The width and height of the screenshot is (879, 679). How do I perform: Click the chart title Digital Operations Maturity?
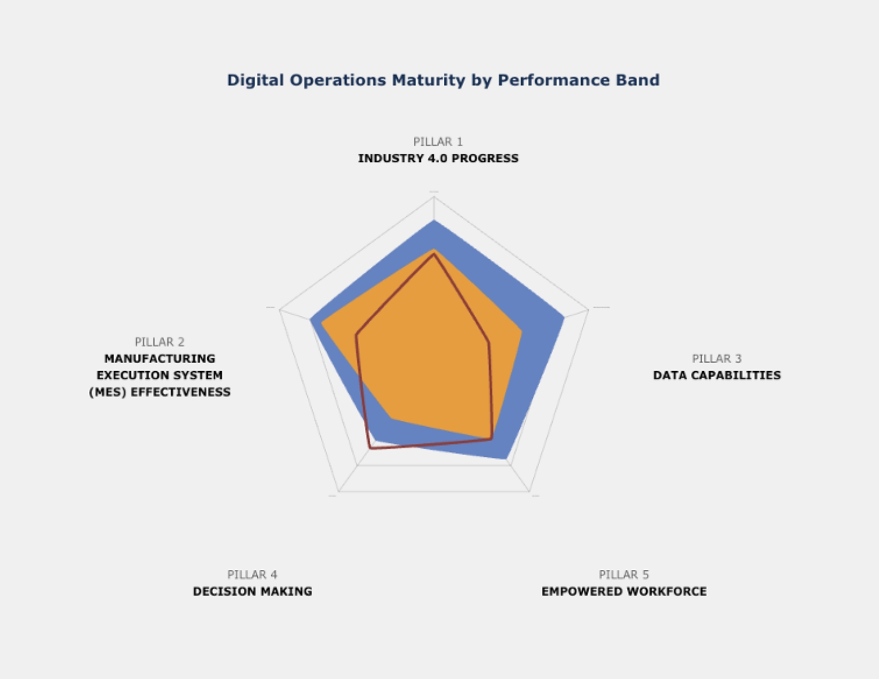(x=443, y=80)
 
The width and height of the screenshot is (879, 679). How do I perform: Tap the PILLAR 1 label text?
(x=438, y=142)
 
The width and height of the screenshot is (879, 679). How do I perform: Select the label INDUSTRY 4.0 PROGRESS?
(x=438, y=158)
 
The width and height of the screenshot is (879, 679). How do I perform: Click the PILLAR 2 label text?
(x=159, y=342)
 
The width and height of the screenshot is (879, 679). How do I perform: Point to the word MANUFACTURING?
(x=159, y=358)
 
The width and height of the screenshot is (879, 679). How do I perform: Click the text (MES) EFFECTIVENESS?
(x=159, y=392)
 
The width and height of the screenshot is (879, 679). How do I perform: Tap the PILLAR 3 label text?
(x=717, y=358)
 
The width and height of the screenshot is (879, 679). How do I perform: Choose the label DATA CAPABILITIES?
(x=717, y=375)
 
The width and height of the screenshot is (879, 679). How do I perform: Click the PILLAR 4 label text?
(x=252, y=575)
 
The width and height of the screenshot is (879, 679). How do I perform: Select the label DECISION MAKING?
(x=252, y=591)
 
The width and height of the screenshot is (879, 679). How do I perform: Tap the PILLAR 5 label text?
(x=624, y=575)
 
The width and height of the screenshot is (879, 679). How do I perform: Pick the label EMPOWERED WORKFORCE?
(x=624, y=591)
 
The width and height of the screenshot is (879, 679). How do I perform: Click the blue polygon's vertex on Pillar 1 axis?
(x=434, y=220)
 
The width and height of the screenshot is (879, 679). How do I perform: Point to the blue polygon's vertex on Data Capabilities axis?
(x=564, y=318)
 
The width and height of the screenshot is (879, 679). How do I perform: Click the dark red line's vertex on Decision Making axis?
(x=370, y=449)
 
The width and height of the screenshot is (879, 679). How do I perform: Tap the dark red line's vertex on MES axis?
(x=356, y=335)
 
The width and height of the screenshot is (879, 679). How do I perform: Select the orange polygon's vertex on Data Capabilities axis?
(x=522, y=331)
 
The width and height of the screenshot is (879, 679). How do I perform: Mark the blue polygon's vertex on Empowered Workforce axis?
(x=506, y=459)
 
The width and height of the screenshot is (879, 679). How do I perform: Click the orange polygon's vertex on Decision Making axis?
(x=391, y=419)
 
